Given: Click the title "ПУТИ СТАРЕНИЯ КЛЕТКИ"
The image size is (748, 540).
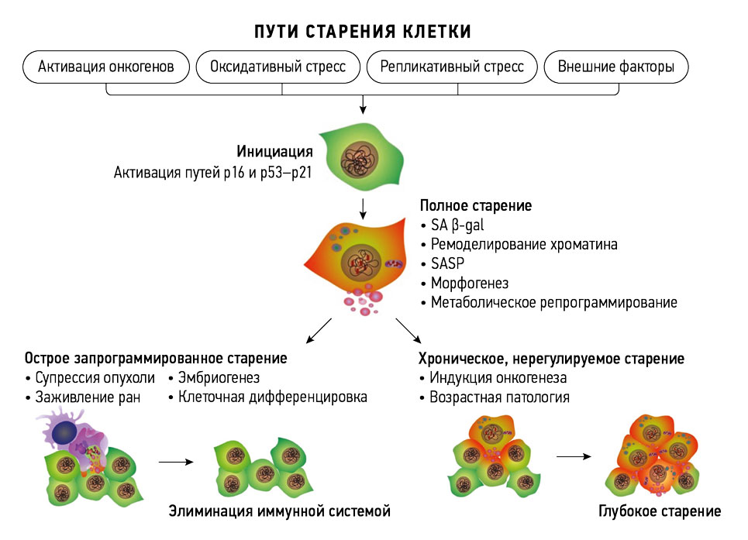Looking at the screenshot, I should point(363,32).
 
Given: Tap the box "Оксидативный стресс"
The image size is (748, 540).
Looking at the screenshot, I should point(278,67).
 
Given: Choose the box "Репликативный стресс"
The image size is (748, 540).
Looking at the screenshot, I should point(452,67).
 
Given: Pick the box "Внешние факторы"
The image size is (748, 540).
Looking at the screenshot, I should point(616,67).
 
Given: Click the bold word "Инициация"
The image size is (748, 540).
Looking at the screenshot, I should point(274,151).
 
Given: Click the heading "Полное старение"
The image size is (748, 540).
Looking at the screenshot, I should point(475,206).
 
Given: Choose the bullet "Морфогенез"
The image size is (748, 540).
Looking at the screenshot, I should point(470,284).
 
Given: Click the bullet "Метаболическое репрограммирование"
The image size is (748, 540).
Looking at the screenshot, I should point(553,303).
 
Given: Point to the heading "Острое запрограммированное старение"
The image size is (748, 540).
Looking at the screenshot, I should point(156,359).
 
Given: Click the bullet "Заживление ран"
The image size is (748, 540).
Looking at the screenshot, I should point(88,397).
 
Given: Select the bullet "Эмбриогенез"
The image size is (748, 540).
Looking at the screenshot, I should point(219,378).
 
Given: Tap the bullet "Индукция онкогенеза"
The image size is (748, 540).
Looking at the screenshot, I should point(498,378).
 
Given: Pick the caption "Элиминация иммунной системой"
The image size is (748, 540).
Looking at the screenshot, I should point(279,511).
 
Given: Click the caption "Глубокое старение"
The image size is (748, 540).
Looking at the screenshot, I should point(660,511).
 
